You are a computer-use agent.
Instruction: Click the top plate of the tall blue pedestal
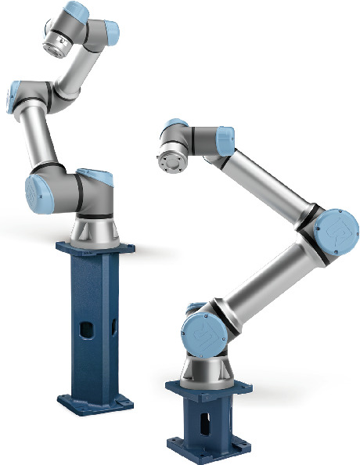[95, 248]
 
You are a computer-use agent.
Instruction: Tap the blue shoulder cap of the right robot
[196, 333]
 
